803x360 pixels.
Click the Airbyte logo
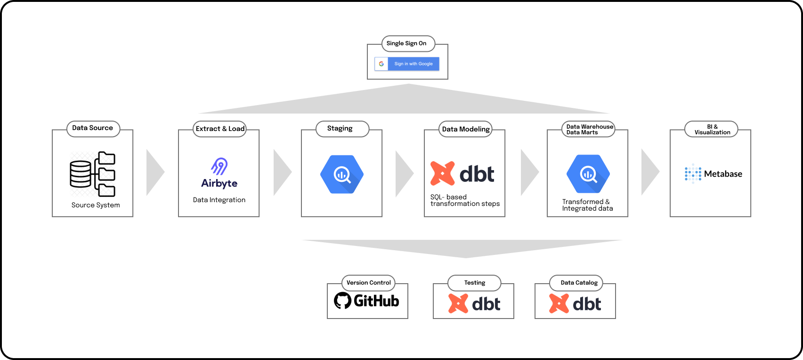(x=219, y=173)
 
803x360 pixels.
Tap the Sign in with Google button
(x=413, y=64)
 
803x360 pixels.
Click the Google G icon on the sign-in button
(x=381, y=64)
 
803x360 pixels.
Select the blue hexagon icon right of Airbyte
(x=342, y=174)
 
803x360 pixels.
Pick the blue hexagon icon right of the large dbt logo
(x=588, y=174)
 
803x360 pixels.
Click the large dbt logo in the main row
(x=462, y=174)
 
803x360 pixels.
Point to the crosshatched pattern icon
(x=93, y=174)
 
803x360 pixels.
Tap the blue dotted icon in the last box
(x=693, y=173)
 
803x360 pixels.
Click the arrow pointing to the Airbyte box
(x=154, y=172)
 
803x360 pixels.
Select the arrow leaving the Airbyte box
(x=282, y=172)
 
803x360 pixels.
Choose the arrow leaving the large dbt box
(x=529, y=172)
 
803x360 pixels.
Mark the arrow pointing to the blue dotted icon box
(x=649, y=172)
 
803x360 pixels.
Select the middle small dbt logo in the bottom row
(x=474, y=304)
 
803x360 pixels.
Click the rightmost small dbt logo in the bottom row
(x=575, y=304)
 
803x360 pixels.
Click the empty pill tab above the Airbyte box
(x=219, y=129)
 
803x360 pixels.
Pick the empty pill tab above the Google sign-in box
(x=408, y=44)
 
